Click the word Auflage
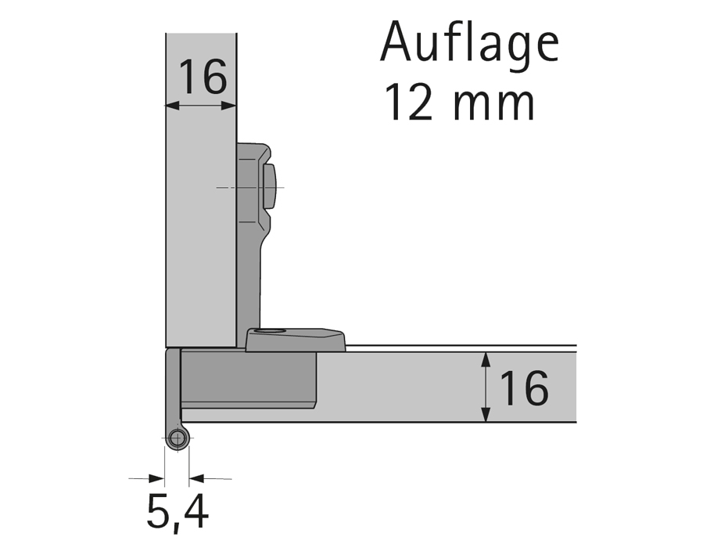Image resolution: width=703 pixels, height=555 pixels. [x=469, y=44]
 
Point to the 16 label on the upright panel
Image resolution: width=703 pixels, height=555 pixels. [x=202, y=76]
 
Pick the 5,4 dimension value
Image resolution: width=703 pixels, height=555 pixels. [x=177, y=513]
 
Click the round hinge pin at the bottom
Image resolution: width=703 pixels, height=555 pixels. [x=178, y=438]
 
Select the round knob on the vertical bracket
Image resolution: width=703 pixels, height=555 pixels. [x=271, y=187]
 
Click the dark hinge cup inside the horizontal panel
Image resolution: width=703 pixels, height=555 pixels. [x=249, y=379]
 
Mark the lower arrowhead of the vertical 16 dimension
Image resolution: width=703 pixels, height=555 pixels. [x=486, y=416]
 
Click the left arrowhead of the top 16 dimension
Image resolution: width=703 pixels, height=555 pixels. [x=171, y=104]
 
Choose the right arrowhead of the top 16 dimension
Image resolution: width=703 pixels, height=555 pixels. [x=231, y=104]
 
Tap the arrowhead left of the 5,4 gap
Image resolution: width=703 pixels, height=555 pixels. [x=159, y=478]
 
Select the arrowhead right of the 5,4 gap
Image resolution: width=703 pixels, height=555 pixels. [x=195, y=478]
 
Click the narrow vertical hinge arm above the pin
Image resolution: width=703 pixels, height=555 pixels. [x=174, y=387]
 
